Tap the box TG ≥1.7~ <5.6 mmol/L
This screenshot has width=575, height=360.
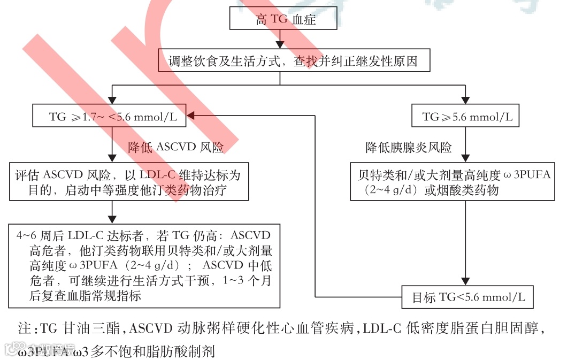(x=110, y=116)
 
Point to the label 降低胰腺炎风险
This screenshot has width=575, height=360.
(x=408, y=147)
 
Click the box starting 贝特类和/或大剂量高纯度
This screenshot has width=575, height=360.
(x=465, y=182)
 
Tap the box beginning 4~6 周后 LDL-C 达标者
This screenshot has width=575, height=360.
(x=144, y=265)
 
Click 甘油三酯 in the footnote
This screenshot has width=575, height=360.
(x=101, y=329)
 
